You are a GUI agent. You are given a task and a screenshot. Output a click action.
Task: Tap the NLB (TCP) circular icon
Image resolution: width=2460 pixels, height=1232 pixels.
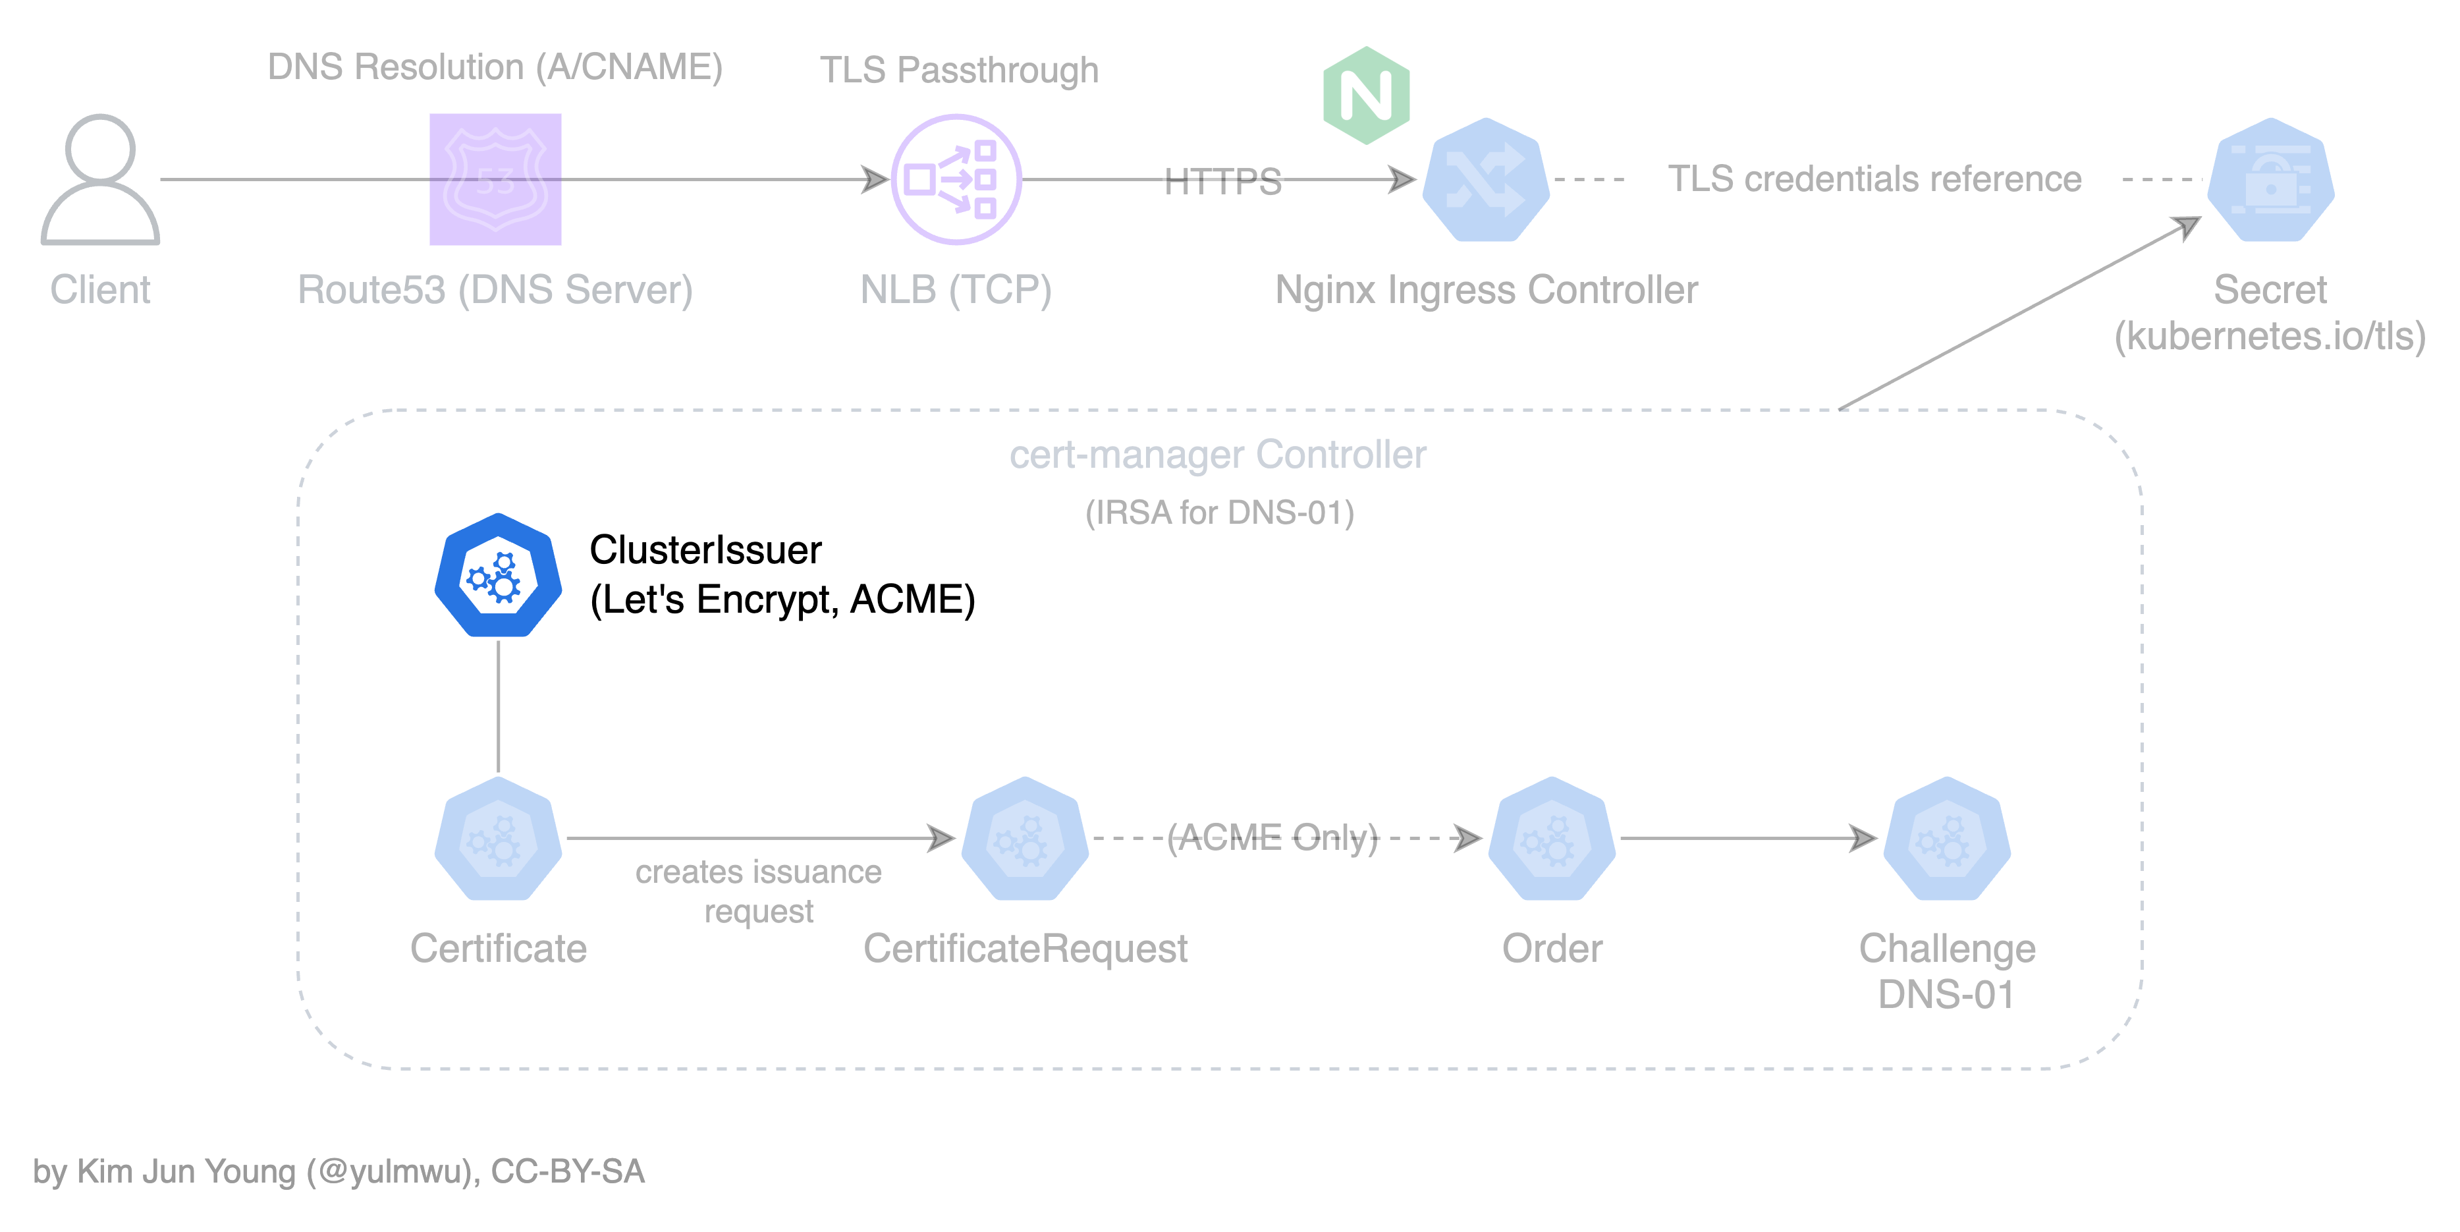click(956, 180)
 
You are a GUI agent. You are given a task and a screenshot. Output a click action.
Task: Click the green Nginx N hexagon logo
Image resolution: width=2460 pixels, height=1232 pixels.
click(1367, 96)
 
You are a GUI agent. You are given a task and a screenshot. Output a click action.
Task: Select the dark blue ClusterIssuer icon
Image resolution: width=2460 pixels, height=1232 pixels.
click(499, 576)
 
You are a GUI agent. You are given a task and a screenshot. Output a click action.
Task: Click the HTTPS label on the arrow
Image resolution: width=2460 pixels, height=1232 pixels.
click(1222, 181)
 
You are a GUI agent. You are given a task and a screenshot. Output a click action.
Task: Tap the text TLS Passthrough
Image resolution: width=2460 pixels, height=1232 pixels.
click(959, 70)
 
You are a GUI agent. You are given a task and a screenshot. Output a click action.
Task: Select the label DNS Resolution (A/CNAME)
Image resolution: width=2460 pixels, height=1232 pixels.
click(495, 67)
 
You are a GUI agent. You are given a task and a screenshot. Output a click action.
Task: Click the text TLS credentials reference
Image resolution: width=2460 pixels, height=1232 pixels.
click(1874, 179)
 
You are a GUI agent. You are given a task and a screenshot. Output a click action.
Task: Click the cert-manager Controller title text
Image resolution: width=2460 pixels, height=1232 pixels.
click(1218, 455)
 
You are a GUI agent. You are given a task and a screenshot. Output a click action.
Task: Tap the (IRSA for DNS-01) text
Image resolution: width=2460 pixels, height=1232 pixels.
click(1220, 513)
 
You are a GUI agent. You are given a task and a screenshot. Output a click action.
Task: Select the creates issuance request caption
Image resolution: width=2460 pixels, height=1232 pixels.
click(758, 890)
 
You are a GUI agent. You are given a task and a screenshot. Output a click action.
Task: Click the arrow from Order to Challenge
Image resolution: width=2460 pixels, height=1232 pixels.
click(1747, 839)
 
